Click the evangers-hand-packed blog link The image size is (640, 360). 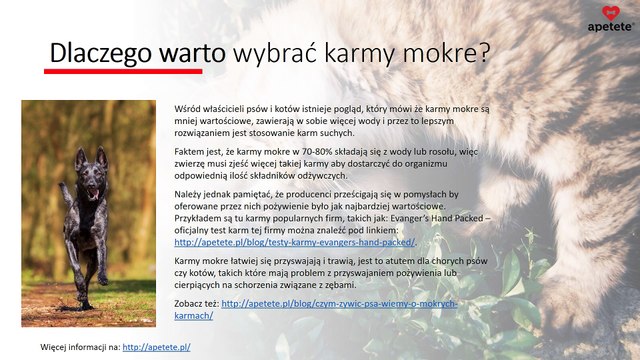(x=294, y=242)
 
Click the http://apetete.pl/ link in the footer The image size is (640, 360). (x=156, y=347)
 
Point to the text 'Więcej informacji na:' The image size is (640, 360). (x=79, y=347)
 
